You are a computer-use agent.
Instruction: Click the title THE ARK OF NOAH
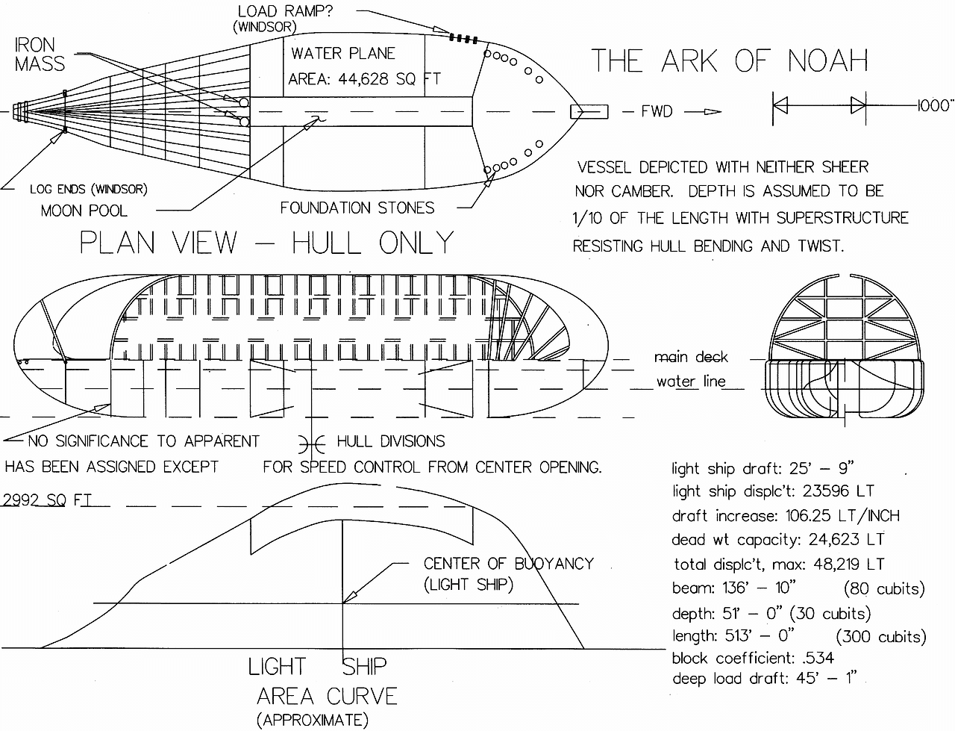point(730,61)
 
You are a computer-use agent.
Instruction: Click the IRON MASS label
point(40,55)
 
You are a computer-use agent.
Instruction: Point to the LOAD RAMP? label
point(285,11)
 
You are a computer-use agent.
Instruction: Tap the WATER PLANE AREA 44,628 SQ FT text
point(363,66)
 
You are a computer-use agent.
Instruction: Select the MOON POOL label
point(84,211)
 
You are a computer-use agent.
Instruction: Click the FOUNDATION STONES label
point(357,208)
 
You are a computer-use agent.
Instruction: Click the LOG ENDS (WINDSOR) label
point(88,189)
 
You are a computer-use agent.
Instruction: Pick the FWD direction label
point(657,112)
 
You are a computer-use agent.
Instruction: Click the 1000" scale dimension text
point(936,105)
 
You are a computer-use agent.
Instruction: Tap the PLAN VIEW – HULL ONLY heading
point(266,243)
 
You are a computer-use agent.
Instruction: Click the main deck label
point(690,357)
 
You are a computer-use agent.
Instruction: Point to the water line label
point(690,382)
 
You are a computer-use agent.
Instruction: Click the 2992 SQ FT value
point(46,500)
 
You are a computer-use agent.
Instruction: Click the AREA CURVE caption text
point(327,697)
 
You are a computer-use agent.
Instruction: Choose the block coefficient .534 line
point(752,658)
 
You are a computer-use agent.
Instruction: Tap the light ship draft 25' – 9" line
point(763,469)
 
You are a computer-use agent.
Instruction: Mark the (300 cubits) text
point(881,637)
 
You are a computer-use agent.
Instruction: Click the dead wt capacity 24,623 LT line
point(777,540)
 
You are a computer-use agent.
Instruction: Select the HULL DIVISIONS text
point(390,441)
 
